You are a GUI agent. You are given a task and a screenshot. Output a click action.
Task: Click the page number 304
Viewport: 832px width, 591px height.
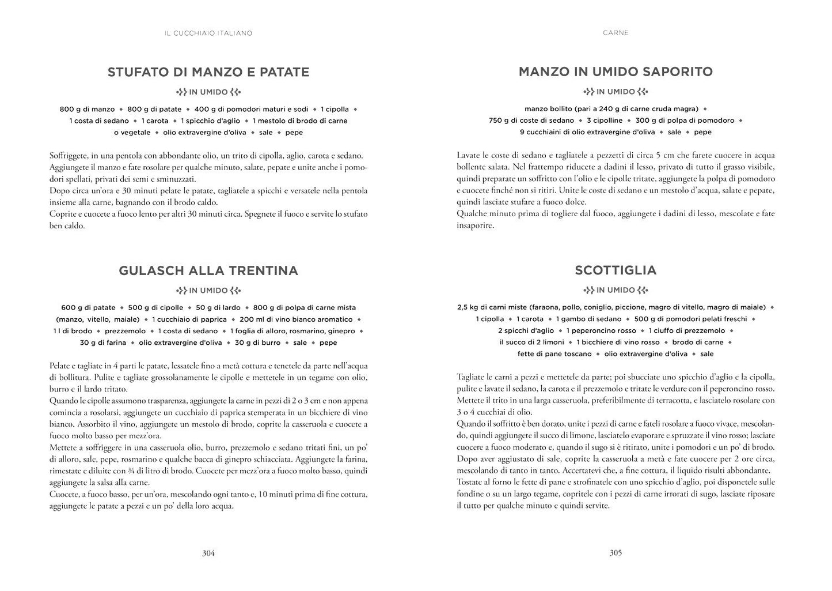tap(208, 553)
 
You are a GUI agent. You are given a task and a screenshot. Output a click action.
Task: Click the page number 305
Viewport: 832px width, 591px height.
tap(616, 553)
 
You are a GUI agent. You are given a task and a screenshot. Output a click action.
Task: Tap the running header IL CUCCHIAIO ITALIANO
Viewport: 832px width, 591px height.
tap(208, 33)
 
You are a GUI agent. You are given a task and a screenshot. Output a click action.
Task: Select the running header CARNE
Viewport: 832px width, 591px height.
tap(616, 33)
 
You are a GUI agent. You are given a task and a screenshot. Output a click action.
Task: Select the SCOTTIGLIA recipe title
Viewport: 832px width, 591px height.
tap(616, 271)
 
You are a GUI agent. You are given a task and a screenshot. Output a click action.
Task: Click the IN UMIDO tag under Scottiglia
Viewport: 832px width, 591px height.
tap(616, 291)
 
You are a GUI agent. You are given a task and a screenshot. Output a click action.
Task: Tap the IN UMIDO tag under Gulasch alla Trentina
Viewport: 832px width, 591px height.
tap(208, 291)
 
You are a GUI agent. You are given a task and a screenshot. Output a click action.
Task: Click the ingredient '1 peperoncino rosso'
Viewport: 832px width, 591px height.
tap(601, 331)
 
